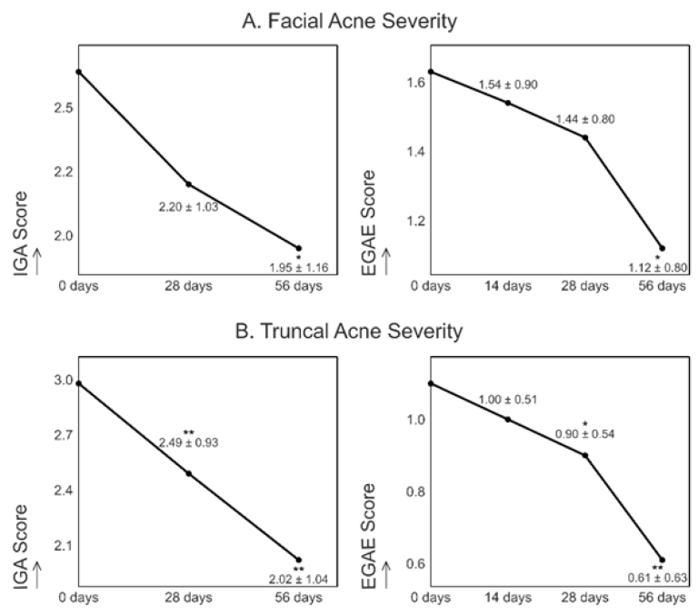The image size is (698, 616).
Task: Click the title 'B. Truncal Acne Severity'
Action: click(349, 331)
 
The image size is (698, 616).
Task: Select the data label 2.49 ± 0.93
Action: click(188, 442)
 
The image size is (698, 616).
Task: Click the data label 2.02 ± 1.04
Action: click(297, 580)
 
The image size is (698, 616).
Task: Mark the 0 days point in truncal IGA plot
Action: click(80, 383)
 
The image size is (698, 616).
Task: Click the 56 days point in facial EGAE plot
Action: click(663, 248)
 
